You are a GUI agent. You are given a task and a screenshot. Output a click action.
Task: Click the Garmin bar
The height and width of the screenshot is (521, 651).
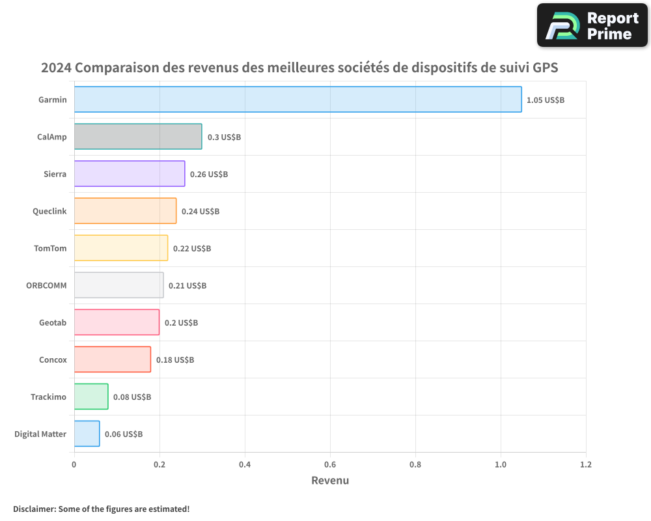click(298, 100)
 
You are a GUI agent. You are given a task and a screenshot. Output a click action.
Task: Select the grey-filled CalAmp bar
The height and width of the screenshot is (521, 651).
click(138, 137)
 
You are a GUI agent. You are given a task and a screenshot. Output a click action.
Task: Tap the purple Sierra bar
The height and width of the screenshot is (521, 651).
click(130, 174)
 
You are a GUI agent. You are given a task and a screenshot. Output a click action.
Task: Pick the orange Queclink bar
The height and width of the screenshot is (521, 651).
click(125, 211)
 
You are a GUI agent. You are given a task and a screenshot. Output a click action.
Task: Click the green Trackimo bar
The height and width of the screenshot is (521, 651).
click(91, 397)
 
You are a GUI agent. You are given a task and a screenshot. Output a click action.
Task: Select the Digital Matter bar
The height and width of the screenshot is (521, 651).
click(87, 434)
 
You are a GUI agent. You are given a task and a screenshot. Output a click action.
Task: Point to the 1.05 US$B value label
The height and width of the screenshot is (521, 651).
click(546, 100)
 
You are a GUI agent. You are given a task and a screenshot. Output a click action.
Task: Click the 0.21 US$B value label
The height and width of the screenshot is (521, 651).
click(187, 286)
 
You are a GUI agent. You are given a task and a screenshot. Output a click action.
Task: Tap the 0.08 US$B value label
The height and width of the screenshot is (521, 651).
click(132, 397)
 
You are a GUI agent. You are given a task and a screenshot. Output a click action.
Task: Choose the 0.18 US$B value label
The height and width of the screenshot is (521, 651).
click(175, 360)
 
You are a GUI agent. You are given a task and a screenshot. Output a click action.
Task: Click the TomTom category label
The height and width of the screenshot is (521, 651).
click(50, 248)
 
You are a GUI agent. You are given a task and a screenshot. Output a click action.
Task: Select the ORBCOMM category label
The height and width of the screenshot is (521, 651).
click(46, 285)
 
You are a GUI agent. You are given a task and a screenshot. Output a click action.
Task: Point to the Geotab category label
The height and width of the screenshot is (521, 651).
click(53, 322)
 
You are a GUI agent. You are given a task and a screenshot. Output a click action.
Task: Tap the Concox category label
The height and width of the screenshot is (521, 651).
click(53, 359)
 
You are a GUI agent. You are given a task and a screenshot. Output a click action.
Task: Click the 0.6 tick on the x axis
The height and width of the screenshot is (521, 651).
click(330, 465)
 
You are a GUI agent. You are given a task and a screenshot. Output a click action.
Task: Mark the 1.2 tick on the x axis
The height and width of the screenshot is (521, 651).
click(586, 465)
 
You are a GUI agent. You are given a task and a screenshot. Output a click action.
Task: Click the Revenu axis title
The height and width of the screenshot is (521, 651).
click(330, 481)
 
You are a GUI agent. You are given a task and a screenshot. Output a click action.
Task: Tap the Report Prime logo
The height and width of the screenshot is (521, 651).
click(592, 25)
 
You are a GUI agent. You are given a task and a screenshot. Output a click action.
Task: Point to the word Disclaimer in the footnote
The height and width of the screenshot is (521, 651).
click(34, 509)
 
